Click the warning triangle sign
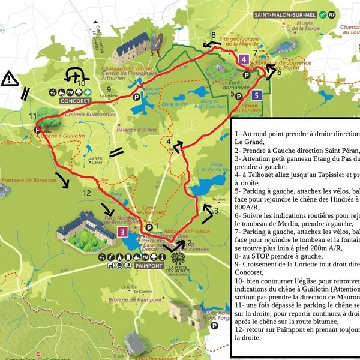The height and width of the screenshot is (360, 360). pos(10,78)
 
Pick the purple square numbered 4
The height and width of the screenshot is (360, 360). pos(243,59)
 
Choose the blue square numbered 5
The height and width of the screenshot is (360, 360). pos(256,94)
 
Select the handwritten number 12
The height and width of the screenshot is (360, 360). pos(86,193)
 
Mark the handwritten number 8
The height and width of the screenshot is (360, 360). pos(213,35)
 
